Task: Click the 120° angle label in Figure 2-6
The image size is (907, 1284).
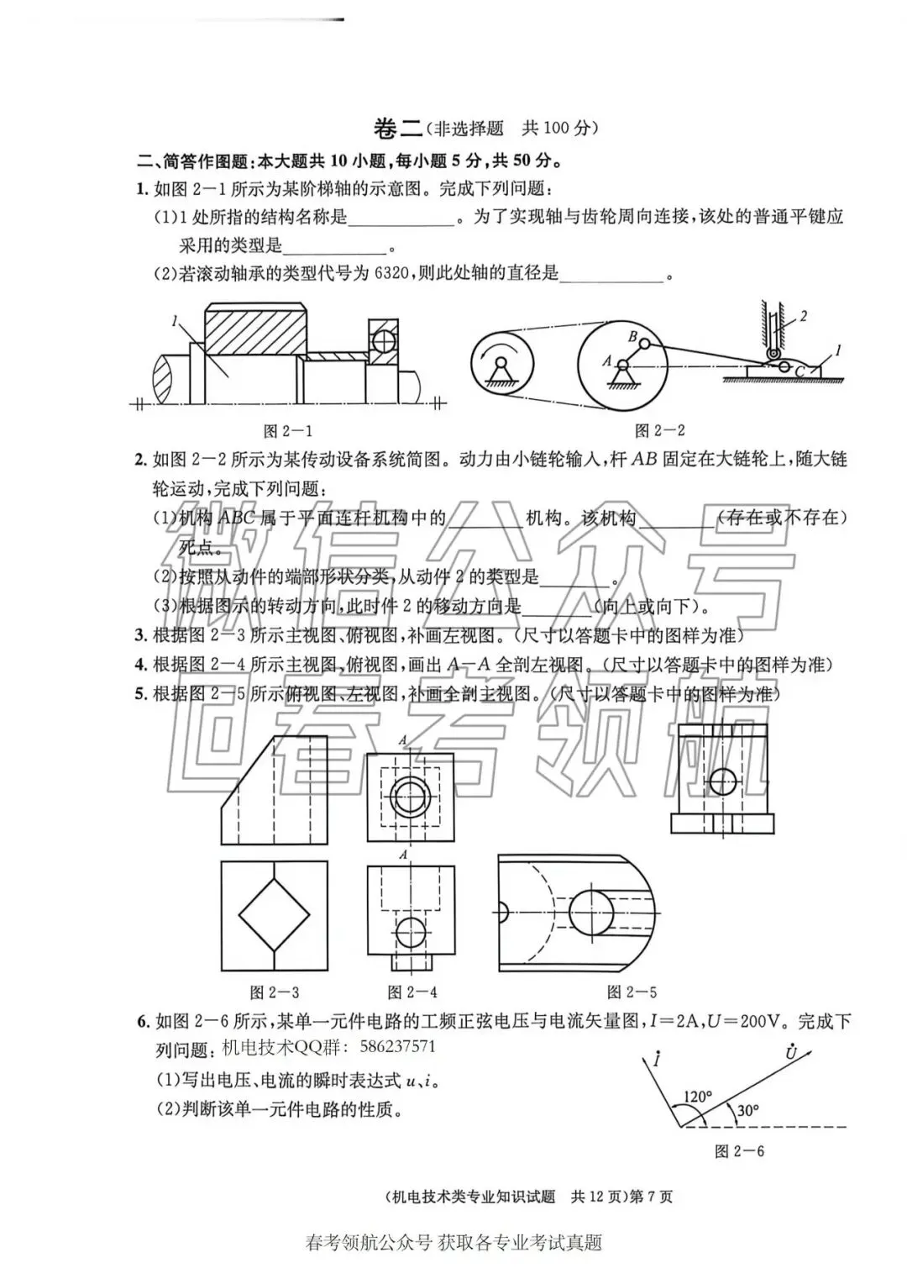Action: [x=697, y=1097]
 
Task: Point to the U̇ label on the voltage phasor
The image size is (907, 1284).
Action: [x=791, y=1052]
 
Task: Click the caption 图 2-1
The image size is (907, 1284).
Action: [x=288, y=431]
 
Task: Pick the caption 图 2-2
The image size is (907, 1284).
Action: [x=660, y=431]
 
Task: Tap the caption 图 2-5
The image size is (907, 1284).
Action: [x=632, y=992]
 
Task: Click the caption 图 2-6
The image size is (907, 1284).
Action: [x=739, y=1151]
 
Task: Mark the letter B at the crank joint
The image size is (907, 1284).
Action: [x=633, y=336]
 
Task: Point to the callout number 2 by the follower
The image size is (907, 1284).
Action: [x=803, y=317]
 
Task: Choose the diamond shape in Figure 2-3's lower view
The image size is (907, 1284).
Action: [x=274, y=914]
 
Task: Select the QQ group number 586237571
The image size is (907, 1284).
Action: [x=397, y=1047]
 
